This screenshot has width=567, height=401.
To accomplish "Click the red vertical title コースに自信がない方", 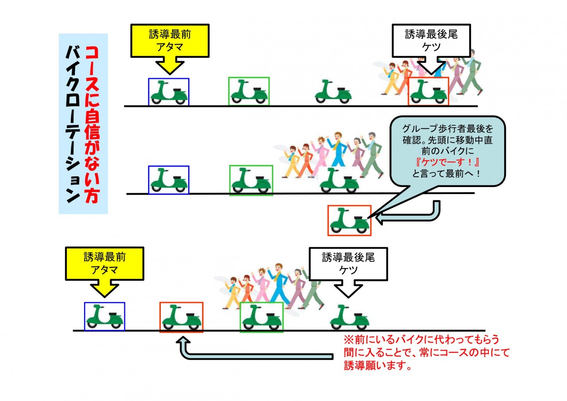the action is (x=92, y=125).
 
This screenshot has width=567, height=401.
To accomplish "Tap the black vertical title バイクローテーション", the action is (x=73, y=125).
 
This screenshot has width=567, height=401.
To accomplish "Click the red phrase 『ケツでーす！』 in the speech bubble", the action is (x=447, y=162).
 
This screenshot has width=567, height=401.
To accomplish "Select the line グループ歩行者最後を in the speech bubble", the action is (x=447, y=128).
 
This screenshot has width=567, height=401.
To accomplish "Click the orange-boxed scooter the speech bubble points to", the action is (x=350, y=221).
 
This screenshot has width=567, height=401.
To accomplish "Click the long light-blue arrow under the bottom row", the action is (x=253, y=356).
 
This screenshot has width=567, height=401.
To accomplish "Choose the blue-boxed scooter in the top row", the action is (x=169, y=92).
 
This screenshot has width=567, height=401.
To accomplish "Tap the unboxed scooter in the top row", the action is (x=333, y=91).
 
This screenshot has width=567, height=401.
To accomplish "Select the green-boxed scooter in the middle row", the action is (x=251, y=180).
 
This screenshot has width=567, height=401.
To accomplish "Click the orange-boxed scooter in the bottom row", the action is (x=182, y=317).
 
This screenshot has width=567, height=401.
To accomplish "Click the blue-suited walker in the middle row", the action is (x=338, y=150).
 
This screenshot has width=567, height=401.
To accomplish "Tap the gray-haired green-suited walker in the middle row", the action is (x=373, y=155).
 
